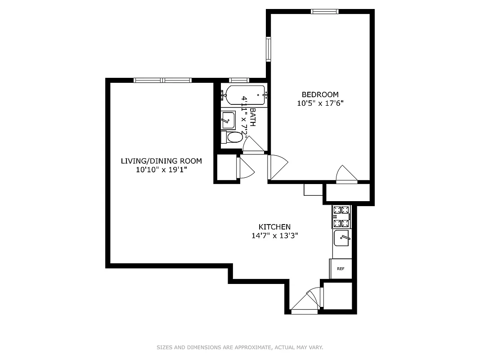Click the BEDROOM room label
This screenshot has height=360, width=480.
tap(320, 94)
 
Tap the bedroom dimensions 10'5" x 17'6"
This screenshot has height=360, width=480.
tap(320, 103)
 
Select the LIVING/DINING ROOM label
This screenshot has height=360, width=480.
tap(161, 161)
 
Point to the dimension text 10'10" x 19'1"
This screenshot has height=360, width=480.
tap(161, 170)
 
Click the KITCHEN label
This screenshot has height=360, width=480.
tap(274, 227)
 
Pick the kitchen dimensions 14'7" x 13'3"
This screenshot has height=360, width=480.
tap(274, 235)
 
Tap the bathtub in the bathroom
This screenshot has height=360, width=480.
tap(245, 95)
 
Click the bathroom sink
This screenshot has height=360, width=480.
tap(228, 120)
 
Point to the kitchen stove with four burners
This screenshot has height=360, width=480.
tap(341, 216)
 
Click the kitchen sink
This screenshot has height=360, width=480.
tap(341, 238)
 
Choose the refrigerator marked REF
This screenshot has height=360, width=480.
tap(341, 269)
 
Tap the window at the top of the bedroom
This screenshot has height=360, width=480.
tap(325, 12)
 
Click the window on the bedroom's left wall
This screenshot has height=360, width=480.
tap(269, 49)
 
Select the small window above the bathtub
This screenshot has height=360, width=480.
tap(239, 81)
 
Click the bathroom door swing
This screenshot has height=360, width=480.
tap(252, 145)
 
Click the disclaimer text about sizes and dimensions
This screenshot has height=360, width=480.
tap(240, 347)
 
